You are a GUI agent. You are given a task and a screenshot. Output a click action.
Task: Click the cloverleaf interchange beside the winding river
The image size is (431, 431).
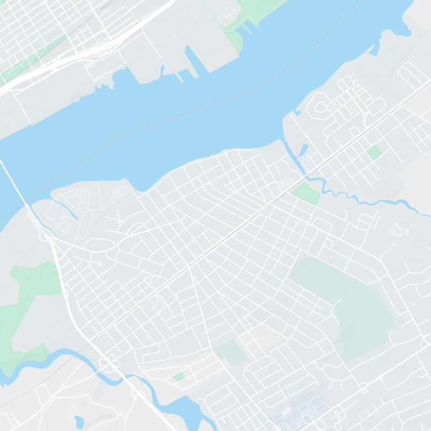[110, 365]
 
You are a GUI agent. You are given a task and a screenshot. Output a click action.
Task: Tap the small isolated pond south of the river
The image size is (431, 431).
[80, 421]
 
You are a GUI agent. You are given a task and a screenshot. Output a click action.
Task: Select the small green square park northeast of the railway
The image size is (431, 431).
[374, 152]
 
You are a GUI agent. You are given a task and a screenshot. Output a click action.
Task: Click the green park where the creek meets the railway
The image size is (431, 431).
[306, 192]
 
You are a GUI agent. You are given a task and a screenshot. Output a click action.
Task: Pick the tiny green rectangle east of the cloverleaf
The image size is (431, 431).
[178, 377]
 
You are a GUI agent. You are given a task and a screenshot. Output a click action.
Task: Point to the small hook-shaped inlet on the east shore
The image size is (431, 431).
[295, 114]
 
